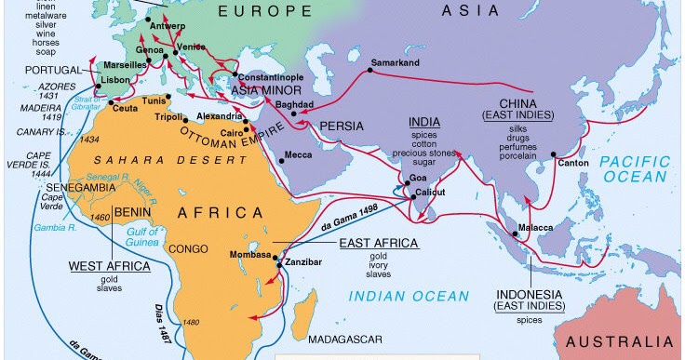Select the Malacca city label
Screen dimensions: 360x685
tap(534, 227)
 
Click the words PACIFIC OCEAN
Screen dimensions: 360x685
tap(635, 168)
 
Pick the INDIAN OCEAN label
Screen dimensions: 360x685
tap(410, 296)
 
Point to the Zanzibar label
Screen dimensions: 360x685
tap(305, 263)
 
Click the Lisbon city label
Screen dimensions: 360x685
tap(117, 81)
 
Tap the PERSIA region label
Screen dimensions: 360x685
tap(341, 125)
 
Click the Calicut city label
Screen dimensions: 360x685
tap(429, 191)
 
